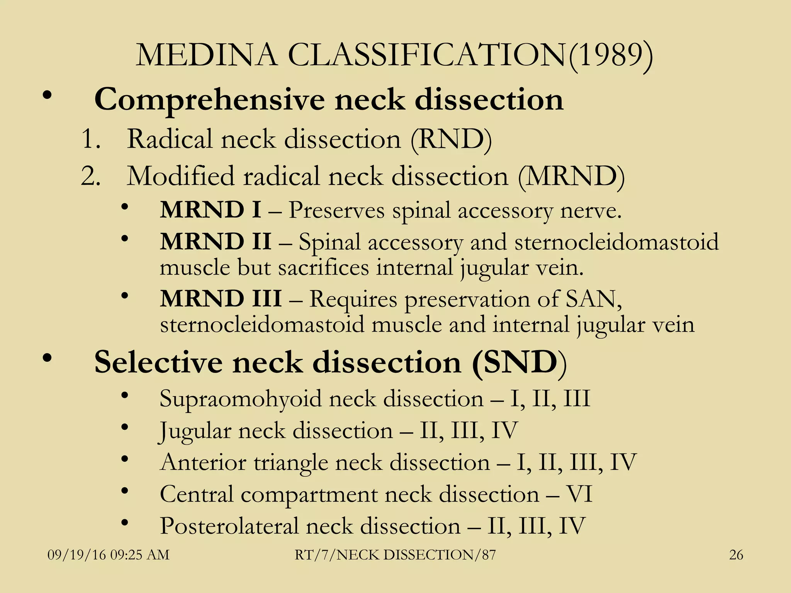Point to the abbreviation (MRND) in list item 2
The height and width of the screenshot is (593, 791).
click(571, 176)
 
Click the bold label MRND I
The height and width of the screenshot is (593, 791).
click(210, 210)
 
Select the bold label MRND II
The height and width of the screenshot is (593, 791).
click(216, 242)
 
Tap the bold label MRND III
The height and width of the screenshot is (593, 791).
click(221, 299)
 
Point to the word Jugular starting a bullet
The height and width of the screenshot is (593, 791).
click(195, 431)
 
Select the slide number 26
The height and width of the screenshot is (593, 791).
click(736, 555)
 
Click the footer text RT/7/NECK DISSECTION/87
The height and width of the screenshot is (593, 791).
click(395, 555)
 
